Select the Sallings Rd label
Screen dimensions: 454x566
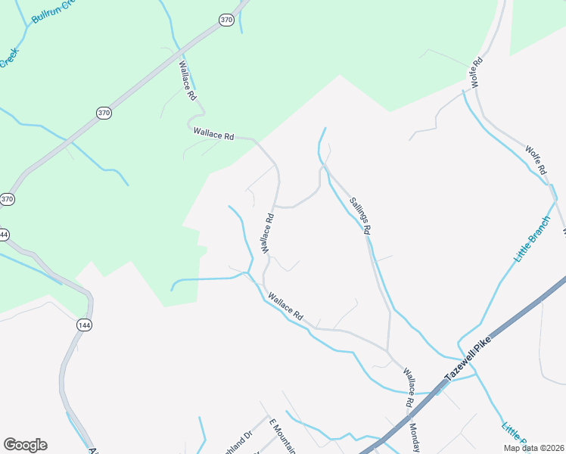pyautogui.click(x=359, y=216)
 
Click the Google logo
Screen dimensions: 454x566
pyautogui.click(x=25, y=445)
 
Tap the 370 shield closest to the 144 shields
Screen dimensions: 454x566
pyautogui.click(x=7, y=199)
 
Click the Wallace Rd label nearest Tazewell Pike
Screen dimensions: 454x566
pyautogui.click(x=409, y=381)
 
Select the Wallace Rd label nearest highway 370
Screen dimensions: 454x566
pyautogui.click(x=187, y=82)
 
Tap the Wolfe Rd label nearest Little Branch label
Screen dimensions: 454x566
pyautogui.click(x=535, y=162)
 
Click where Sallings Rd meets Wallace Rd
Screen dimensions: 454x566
pyautogui.click(x=389, y=351)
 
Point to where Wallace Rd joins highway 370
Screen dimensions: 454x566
pyautogui.click(x=178, y=55)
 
